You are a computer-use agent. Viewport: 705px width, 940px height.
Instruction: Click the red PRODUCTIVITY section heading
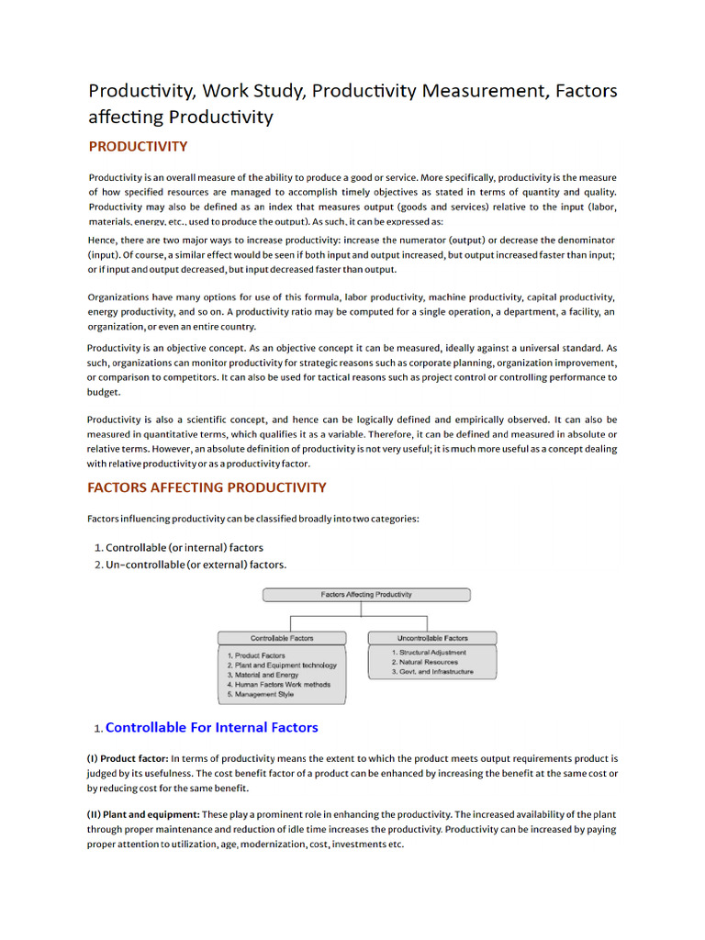pyautogui.click(x=138, y=147)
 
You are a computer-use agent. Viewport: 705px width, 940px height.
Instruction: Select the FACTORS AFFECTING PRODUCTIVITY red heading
pyautogui.click(x=207, y=487)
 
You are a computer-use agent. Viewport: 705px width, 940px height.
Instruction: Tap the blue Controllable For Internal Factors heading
pyautogui.click(x=212, y=728)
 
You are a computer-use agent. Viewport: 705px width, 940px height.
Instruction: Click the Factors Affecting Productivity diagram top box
pyautogui.click(x=366, y=595)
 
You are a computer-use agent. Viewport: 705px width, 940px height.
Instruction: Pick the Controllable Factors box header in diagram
pyautogui.click(x=282, y=638)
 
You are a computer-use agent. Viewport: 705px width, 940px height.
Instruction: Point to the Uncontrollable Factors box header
pyautogui.click(x=432, y=638)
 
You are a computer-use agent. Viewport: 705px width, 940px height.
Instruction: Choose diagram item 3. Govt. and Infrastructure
pyautogui.click(x=432, y=672)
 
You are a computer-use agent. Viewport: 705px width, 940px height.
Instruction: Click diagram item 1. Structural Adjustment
pyautogui.click(x=429, y=653)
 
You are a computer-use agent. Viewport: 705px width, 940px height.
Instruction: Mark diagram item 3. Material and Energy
pyautogui.click(x=263, y=675)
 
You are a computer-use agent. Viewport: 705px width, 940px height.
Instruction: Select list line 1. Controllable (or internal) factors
pyautogui.click(x=178, y=547)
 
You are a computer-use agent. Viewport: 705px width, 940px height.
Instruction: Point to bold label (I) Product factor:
pyautogui.click(x=128, y=759)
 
